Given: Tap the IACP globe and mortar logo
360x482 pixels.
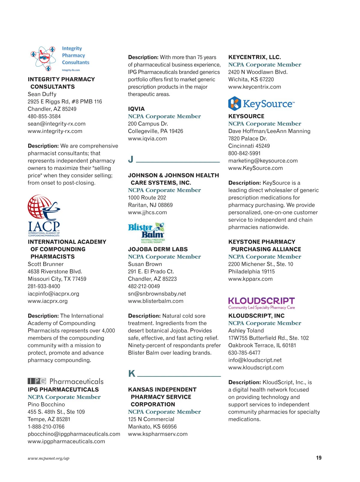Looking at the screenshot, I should [x=44, y=215].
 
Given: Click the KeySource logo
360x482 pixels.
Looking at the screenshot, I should [x=261, y=104].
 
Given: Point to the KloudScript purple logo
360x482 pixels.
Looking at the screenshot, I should [x=261, y=303].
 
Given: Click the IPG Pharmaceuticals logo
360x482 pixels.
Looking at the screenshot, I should [x=65, y=381].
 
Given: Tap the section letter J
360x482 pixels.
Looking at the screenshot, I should [x=131, y=159].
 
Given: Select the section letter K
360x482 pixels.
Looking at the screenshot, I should [x=131, y=373].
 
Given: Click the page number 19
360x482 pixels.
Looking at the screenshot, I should [x=319, y=458].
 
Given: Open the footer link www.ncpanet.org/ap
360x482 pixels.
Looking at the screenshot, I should [x=49, y=458].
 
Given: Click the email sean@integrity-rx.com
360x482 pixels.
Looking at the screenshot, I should [x=57, y=124].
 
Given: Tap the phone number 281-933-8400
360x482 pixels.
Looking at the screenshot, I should [x=44, y=286].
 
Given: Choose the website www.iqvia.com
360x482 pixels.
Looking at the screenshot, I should [x=147, y=139].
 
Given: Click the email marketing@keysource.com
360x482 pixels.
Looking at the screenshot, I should [x=263, y=161].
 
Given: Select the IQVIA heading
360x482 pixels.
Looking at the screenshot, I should [x=136, y=109].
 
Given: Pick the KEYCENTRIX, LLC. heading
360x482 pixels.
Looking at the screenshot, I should [x=254, y=57].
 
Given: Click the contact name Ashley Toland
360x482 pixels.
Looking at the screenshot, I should [x=246, y=330].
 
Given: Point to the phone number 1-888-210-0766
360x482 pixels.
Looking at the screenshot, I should [x=46, y=426].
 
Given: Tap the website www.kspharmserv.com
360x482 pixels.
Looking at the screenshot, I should [x=158, y=434].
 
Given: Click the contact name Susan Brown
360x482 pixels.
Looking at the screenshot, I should [x=145, y=264].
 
